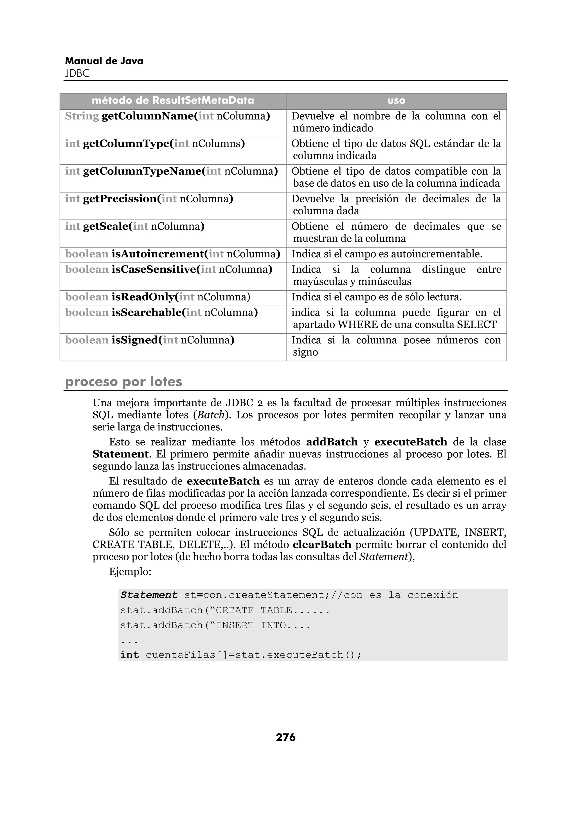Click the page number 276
[285, 737]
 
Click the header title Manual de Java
[104, 61]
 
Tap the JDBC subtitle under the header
[77, 73]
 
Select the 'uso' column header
[396, 101]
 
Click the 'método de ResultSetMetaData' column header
[173, 101]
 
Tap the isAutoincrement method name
[158, 254]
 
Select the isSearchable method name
[148, 313]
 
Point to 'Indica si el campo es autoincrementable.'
[387, 254]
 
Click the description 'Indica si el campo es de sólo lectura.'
[377, 297]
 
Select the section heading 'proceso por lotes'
[123, 382]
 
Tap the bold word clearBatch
[322, 545]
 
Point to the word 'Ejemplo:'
[130, 572]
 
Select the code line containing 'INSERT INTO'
[215, 625]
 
